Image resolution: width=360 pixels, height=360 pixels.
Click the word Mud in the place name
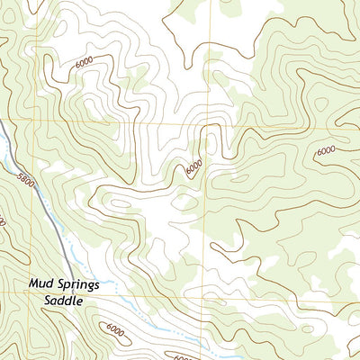pos(41,283)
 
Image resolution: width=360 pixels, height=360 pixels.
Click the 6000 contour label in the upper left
pos(85,62)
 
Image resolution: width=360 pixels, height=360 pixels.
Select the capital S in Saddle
pos(41,301)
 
